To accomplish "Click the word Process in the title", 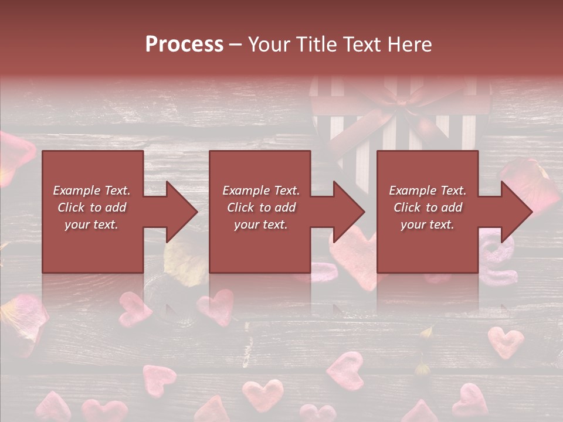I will (184, 45).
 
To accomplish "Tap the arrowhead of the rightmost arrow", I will (515, 212).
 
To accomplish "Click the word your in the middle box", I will (246, 224).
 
